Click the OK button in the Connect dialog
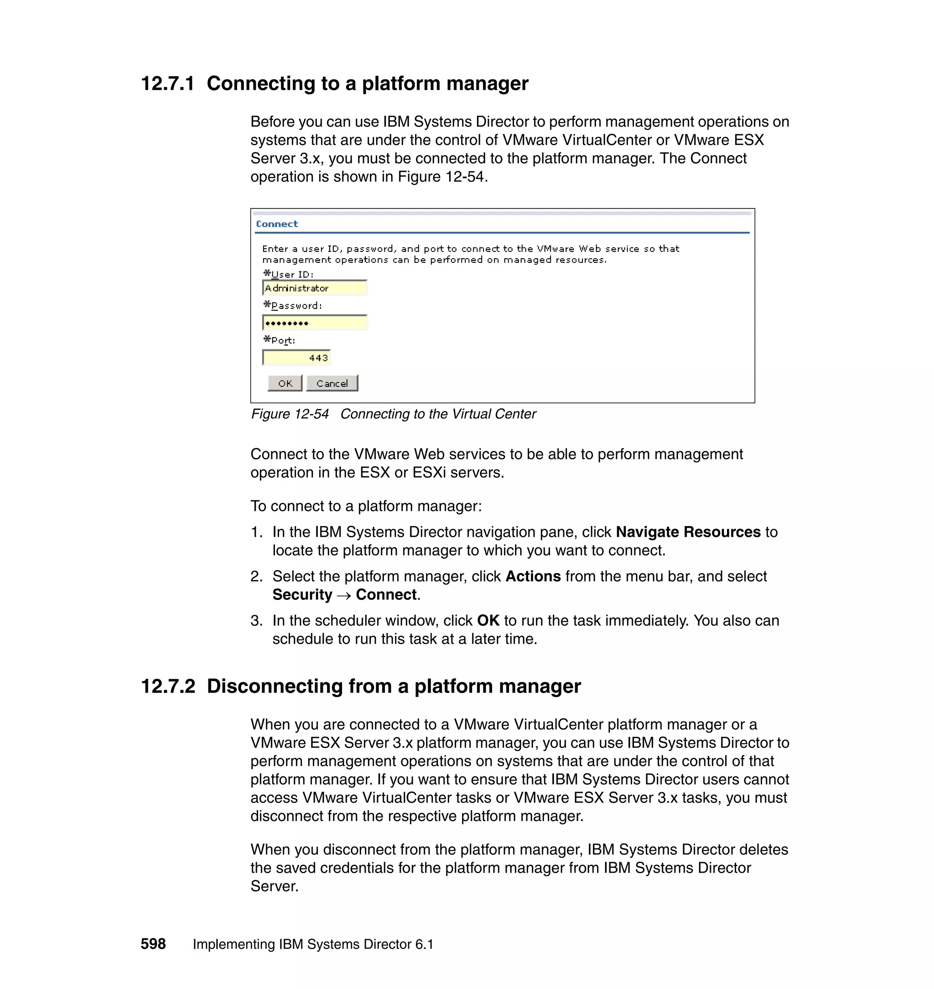[285, 384]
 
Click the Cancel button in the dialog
[332, 384]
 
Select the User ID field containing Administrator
[315, 288]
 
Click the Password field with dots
[315, 323]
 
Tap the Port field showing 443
[297, 358]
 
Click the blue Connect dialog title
[277, 224]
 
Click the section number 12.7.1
[167, 83]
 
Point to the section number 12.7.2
[168, 686]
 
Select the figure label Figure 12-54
[290, 414]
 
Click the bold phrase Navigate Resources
[688, 532]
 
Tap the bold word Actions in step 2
[533, 576]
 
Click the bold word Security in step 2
[302, 594]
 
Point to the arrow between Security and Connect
[344, 596]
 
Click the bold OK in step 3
[488, 620]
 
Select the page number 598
[153, 944]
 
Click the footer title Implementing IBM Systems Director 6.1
[313, 944]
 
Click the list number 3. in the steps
[256, 620]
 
